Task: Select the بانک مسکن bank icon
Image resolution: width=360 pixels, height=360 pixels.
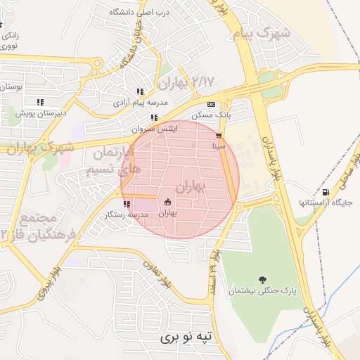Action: click(x=210, y=104)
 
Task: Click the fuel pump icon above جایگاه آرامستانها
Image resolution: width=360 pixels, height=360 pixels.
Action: click(x=325, y=193)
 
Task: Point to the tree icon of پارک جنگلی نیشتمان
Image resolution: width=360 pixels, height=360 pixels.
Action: click(x=262, y=279)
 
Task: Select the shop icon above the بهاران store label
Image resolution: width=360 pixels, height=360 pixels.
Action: click(x=167, y=202)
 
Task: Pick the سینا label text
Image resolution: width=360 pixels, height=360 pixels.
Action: click(x=219, y=146)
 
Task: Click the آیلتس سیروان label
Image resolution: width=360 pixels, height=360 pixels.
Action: click(x=155, y=129)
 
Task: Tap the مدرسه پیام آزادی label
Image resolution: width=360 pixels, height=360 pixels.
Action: click(x=141, y=103)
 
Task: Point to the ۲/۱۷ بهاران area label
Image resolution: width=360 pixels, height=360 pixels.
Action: click(x=185, y=83)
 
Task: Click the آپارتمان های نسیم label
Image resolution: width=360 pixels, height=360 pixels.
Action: click(x=108, y=161)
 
